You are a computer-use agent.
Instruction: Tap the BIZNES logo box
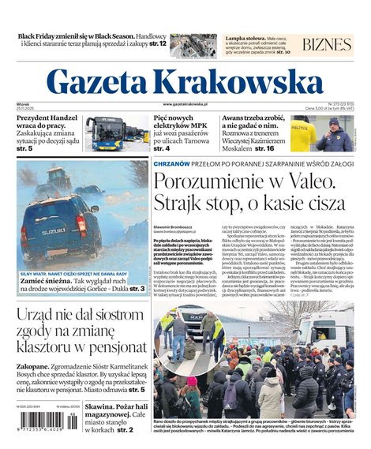pos(326,44)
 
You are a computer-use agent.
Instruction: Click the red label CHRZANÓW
pos(171,162)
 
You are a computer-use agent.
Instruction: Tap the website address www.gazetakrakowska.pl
pos(185,103)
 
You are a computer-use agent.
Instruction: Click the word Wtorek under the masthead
pos(22,103)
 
